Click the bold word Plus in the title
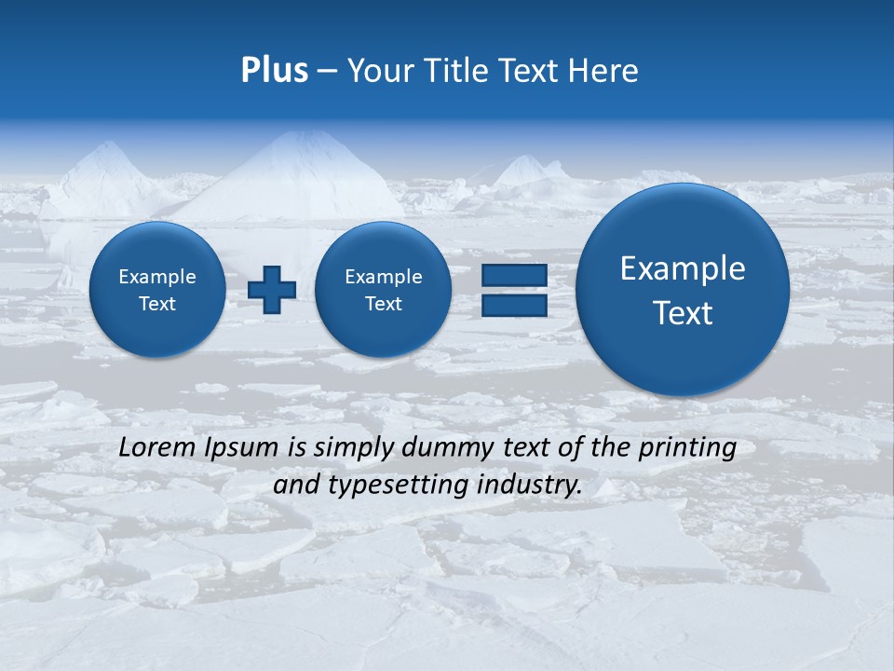[x=274, y=71]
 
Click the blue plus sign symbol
[x=272, y=289]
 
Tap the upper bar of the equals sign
[x=514, y=275]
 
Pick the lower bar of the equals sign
[x=514, y=306]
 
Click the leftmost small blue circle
[x=157, y=290]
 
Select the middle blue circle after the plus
[x=383, y=290]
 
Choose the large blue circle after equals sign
[x=683, y=289]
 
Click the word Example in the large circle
[x=683, y=268]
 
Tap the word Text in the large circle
[x=683, y=313]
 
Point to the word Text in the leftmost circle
[x=157, y=304]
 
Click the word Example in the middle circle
[x=383, y=277]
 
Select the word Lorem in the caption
[x=158, y=447]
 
